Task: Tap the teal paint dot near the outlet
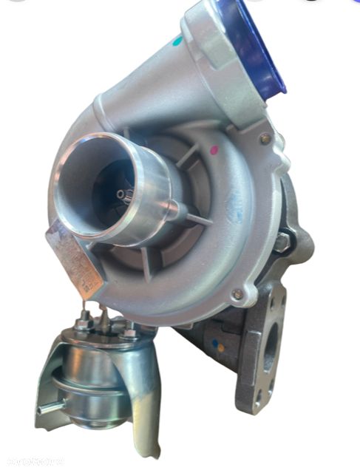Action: [177, 42]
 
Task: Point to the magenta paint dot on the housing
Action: [214, 149]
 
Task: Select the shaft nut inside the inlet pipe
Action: [123, 194]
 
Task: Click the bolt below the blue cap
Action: [264, 137]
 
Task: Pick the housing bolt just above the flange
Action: [237, 293]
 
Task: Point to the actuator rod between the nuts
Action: [106, 319]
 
